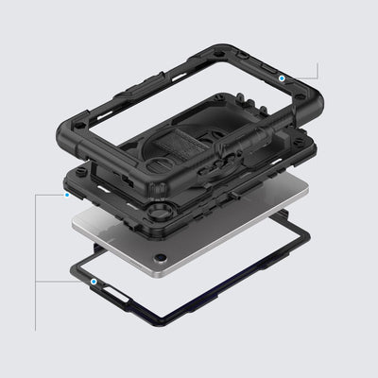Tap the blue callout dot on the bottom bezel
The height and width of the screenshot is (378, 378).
coord(95,281)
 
